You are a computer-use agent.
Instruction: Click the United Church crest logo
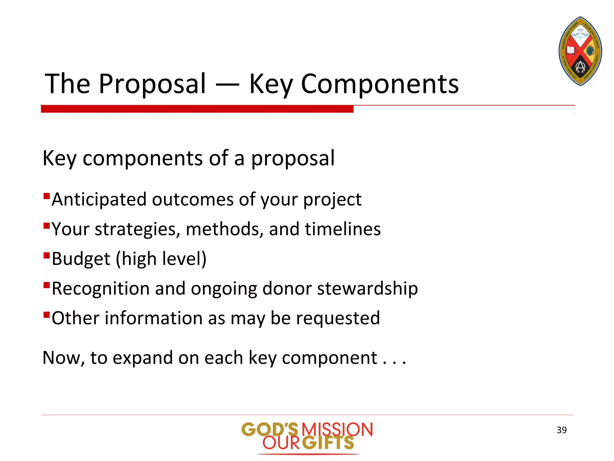point(580,51)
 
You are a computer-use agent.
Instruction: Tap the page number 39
point(562,430)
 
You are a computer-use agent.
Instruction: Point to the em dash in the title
point(227,85)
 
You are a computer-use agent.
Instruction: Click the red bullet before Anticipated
point(46,196)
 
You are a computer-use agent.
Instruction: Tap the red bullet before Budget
point(46,255)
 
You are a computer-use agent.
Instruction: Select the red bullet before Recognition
point(46,285)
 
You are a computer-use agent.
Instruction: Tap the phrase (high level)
point(161,259)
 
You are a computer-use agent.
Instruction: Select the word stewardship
point(367,289)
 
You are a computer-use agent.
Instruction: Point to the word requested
point(338,318)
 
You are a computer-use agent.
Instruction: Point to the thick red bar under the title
point(197,109)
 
